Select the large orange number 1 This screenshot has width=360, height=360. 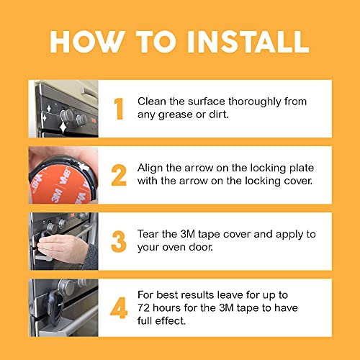(x=120, y=108)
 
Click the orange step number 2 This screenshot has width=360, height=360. (x=120, y=174)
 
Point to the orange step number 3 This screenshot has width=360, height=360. (x=120, y=240)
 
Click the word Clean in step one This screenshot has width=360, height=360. (x=152, y=102)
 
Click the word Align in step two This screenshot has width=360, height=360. (x=151, y=168)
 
